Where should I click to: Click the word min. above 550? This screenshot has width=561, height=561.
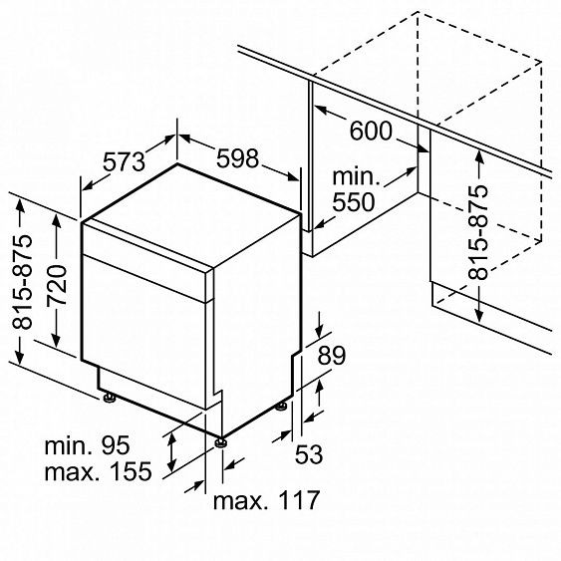click(354, 177)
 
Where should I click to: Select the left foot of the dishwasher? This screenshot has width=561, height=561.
click(109, 399)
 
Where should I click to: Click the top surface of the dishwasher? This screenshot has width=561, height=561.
click(189, 214)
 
